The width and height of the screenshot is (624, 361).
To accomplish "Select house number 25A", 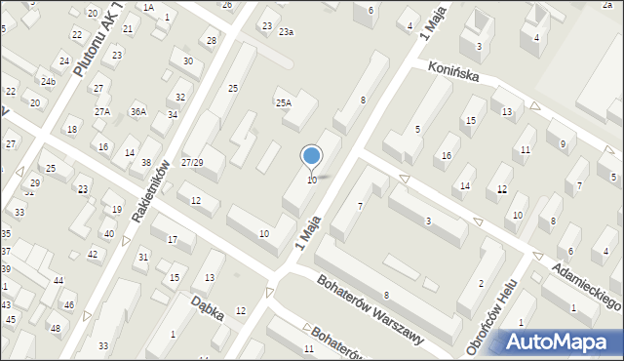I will pyautogui.click(x=283, y=102).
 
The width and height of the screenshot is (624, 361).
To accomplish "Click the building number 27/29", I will pyautogui.click(x=193, y=162).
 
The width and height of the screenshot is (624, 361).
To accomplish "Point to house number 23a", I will pyautogui.click(x=286, y=32).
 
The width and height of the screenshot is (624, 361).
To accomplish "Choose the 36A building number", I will pyautogui.click(x=138, y=112).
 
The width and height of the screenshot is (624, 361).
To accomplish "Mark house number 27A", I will pyautogui.click(x=102, y=112).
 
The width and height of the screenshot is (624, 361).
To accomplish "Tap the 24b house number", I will pyautogui.click(x=47, y=81).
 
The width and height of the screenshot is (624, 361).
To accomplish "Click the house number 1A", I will pyautogui.click(x=148, y=7).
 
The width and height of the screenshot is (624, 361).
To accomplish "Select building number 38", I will pyautogui.click(x=146, y=162).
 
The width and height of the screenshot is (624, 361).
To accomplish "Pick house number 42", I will pyautogui.click(x=93, y=254).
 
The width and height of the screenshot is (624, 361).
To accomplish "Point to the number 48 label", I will pyautogui.click(x=55, y=328).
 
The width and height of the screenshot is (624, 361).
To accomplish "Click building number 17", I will pyautogui.click(x=172, y=240).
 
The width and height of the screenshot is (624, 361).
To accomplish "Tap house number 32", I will pyautogui.click(x=180, y=98).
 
